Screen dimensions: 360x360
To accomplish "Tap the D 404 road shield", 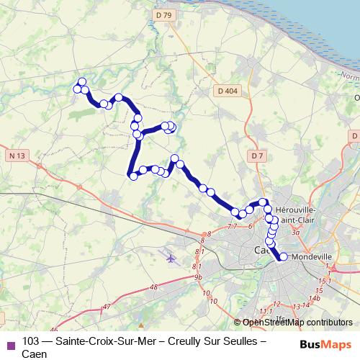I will point(227,91).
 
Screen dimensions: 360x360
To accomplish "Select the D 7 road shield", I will point(258,156).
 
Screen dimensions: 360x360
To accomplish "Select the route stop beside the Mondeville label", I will point(283,256).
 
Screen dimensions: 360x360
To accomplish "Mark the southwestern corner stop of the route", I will point(133,175).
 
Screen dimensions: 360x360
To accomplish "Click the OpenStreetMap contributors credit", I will point(298,322).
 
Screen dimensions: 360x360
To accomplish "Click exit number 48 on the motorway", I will point(153,287).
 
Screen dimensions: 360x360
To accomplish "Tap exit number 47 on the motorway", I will point(107,307).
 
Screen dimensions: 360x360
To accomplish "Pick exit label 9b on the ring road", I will point(198,276).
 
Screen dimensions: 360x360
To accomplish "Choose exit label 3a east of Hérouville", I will point(295,233).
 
